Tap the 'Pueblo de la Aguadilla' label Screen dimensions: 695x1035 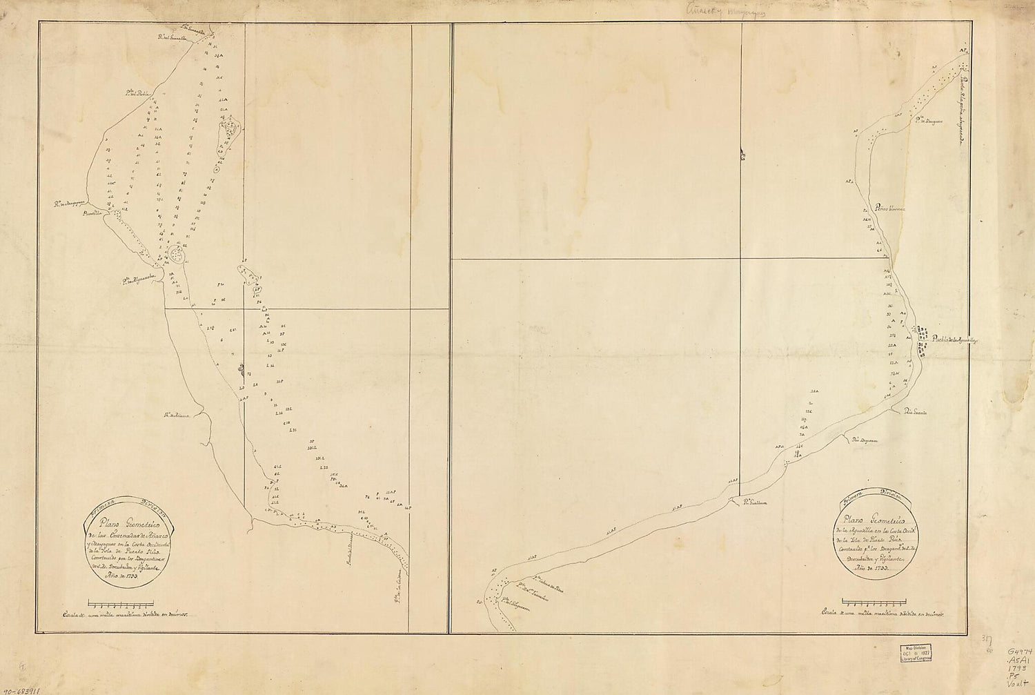(x=956, y=340)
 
